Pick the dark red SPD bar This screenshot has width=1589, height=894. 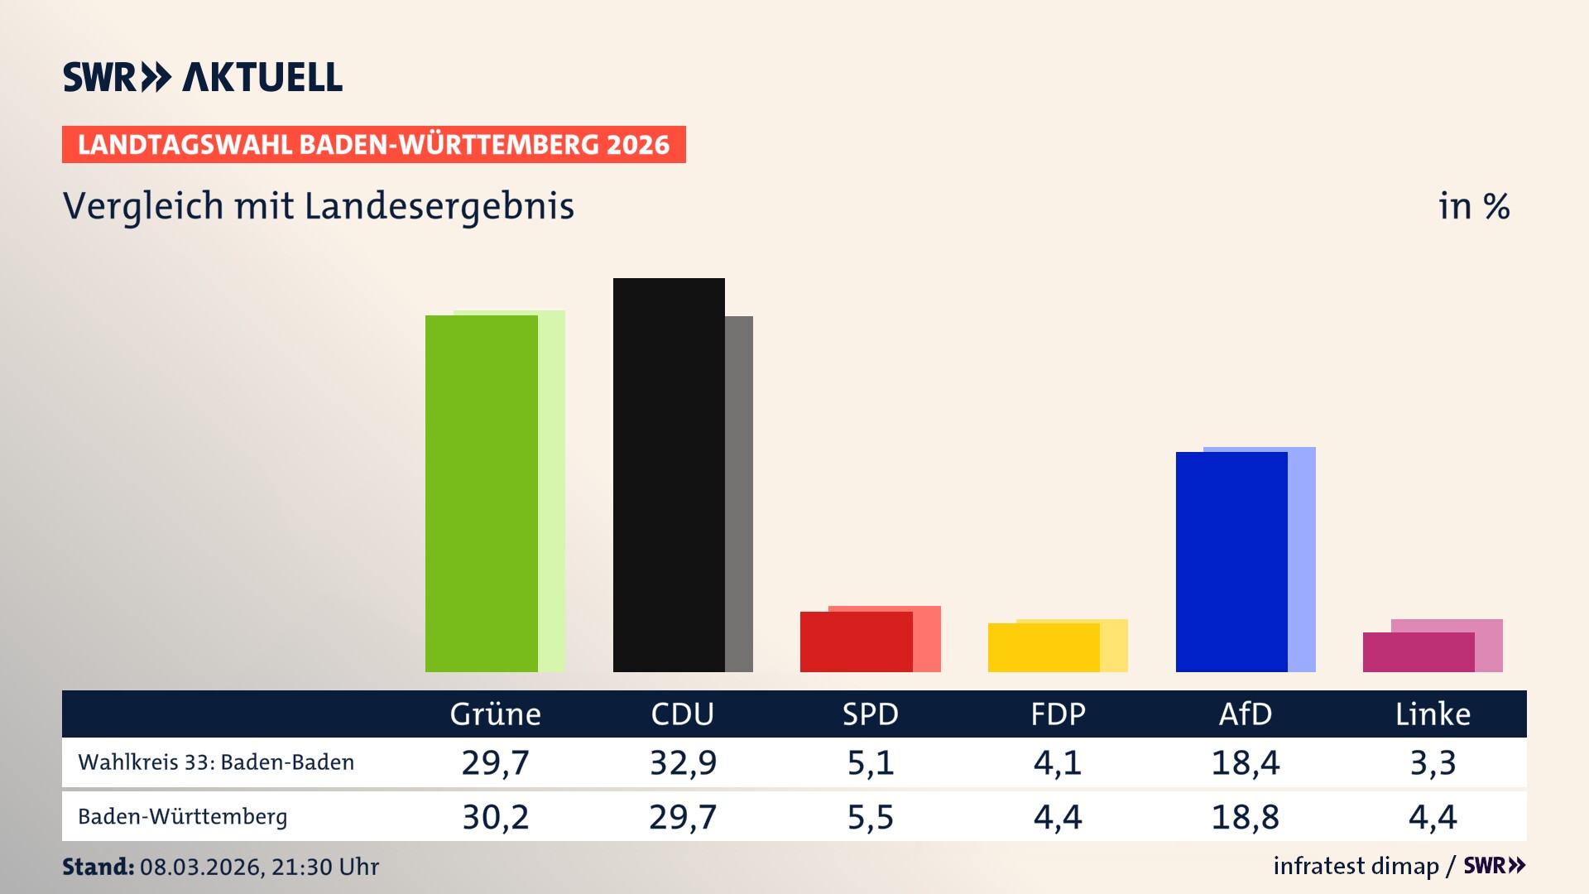tap(856, 642)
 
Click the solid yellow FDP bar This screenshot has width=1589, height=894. tap(1043, 647)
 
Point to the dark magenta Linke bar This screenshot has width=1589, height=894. tap(1418, 652)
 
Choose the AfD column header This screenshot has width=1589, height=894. tap(1245, 714)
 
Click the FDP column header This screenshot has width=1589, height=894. tap(1058, 714)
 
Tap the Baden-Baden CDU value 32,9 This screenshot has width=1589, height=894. tap(683, 762)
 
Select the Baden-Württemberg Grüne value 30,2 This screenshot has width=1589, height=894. tap(495, 817)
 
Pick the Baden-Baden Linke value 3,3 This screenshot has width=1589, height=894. tap(1433, 762)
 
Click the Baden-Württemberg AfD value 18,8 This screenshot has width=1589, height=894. tap(1245, 817)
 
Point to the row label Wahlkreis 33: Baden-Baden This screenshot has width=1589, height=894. tap(216, 762)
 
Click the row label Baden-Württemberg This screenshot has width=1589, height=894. tap(183, 817)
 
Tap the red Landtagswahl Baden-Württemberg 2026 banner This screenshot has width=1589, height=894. tap(373, 144)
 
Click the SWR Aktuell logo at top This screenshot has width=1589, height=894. tap(203, 77)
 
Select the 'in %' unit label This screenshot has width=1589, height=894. tap(1474, 206)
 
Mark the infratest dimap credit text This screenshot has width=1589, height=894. tap(1356, 866)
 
